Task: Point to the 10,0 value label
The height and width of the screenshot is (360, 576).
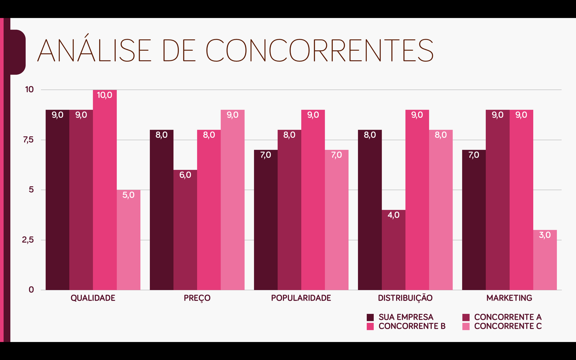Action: click(x=105, y=95)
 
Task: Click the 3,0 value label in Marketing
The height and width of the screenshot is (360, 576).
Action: click(x=545, y=235)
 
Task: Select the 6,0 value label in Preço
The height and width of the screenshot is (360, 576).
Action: click(x=185, y=175)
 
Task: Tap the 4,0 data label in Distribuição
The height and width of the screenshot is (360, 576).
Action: click(x=393, y=215)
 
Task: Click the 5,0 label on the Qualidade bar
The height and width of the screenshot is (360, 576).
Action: click(x=128, y=195)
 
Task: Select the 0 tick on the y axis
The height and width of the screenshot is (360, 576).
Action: click(x=31, y=290)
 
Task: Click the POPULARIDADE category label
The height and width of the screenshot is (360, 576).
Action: click(x=301, y=298)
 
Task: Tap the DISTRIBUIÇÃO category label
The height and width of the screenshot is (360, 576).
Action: click(x=405, y=298)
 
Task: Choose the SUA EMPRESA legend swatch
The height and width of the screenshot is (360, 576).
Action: click(x=370, y=318)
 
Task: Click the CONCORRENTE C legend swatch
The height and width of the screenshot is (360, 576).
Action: click(x=466, y=327)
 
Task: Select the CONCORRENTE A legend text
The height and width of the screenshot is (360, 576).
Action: click(x=508, y=317)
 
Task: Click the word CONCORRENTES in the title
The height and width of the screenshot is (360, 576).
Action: click(x=319, y=51)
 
